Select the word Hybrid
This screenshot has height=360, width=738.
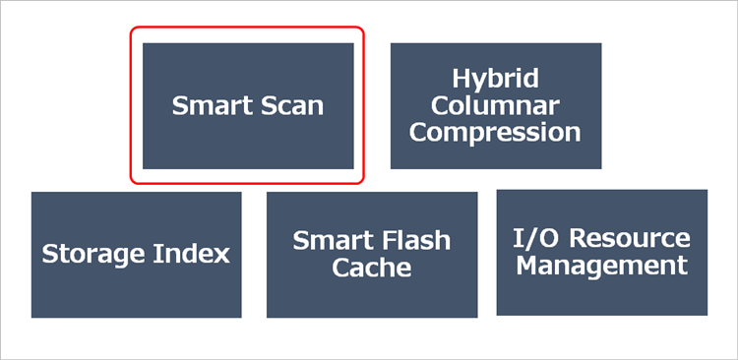click(x=495, y=79)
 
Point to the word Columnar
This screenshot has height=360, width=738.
click(x=495, y=105)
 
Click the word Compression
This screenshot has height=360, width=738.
click(x=495, y=132)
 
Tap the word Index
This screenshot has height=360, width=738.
click(x=193, y=254)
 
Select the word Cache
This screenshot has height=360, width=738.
click(x=372, y=267)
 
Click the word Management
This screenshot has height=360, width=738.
click(x=602, y=265)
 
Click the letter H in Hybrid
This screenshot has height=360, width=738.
click(x=460, y=79)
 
